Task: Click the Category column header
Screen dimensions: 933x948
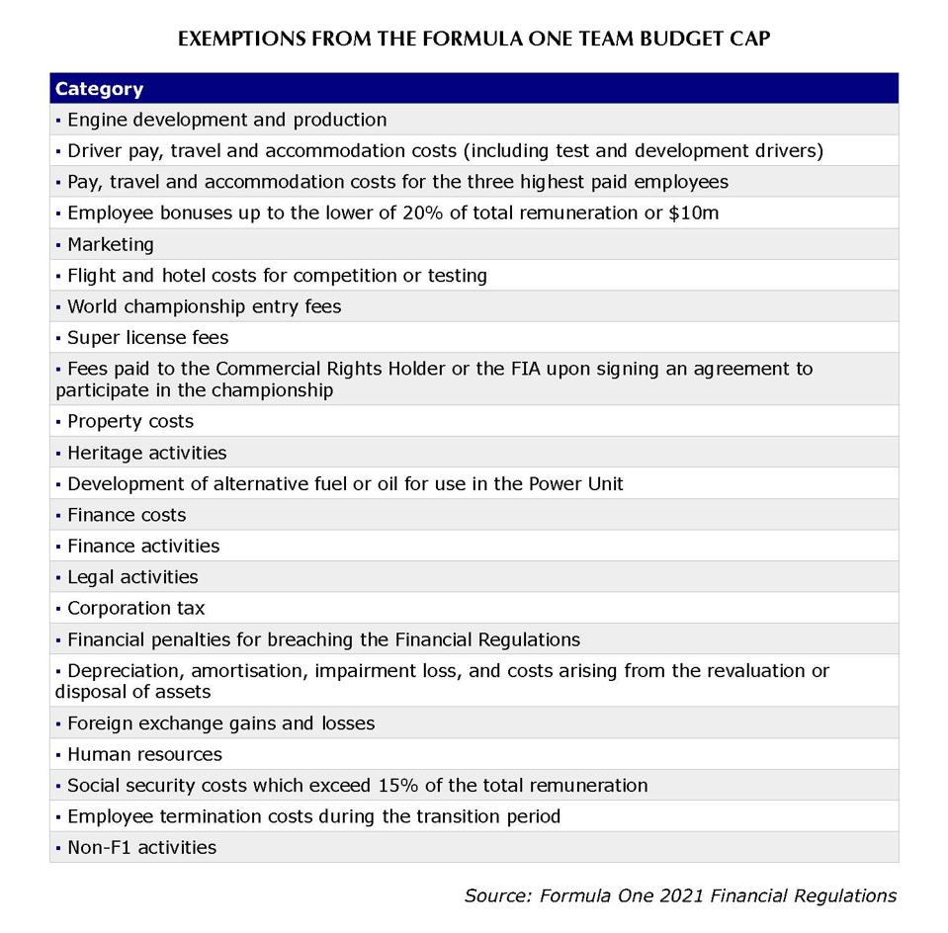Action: pos(99,89)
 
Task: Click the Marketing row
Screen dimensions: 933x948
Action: pos(110,244)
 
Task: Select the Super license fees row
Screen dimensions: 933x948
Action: pos(147,337)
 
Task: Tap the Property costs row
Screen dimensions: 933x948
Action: pos(129,421)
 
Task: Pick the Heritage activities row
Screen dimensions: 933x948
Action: pos(146,453)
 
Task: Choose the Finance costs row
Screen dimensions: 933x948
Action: pos(126,515)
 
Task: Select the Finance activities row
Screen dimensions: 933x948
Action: pos(142,546)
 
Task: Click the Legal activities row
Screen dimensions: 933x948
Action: pos(131,577)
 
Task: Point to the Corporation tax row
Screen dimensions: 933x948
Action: pos(135,608)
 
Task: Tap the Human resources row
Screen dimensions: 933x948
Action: pos(144,754)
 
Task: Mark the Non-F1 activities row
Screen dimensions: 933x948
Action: pos(140,847)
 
